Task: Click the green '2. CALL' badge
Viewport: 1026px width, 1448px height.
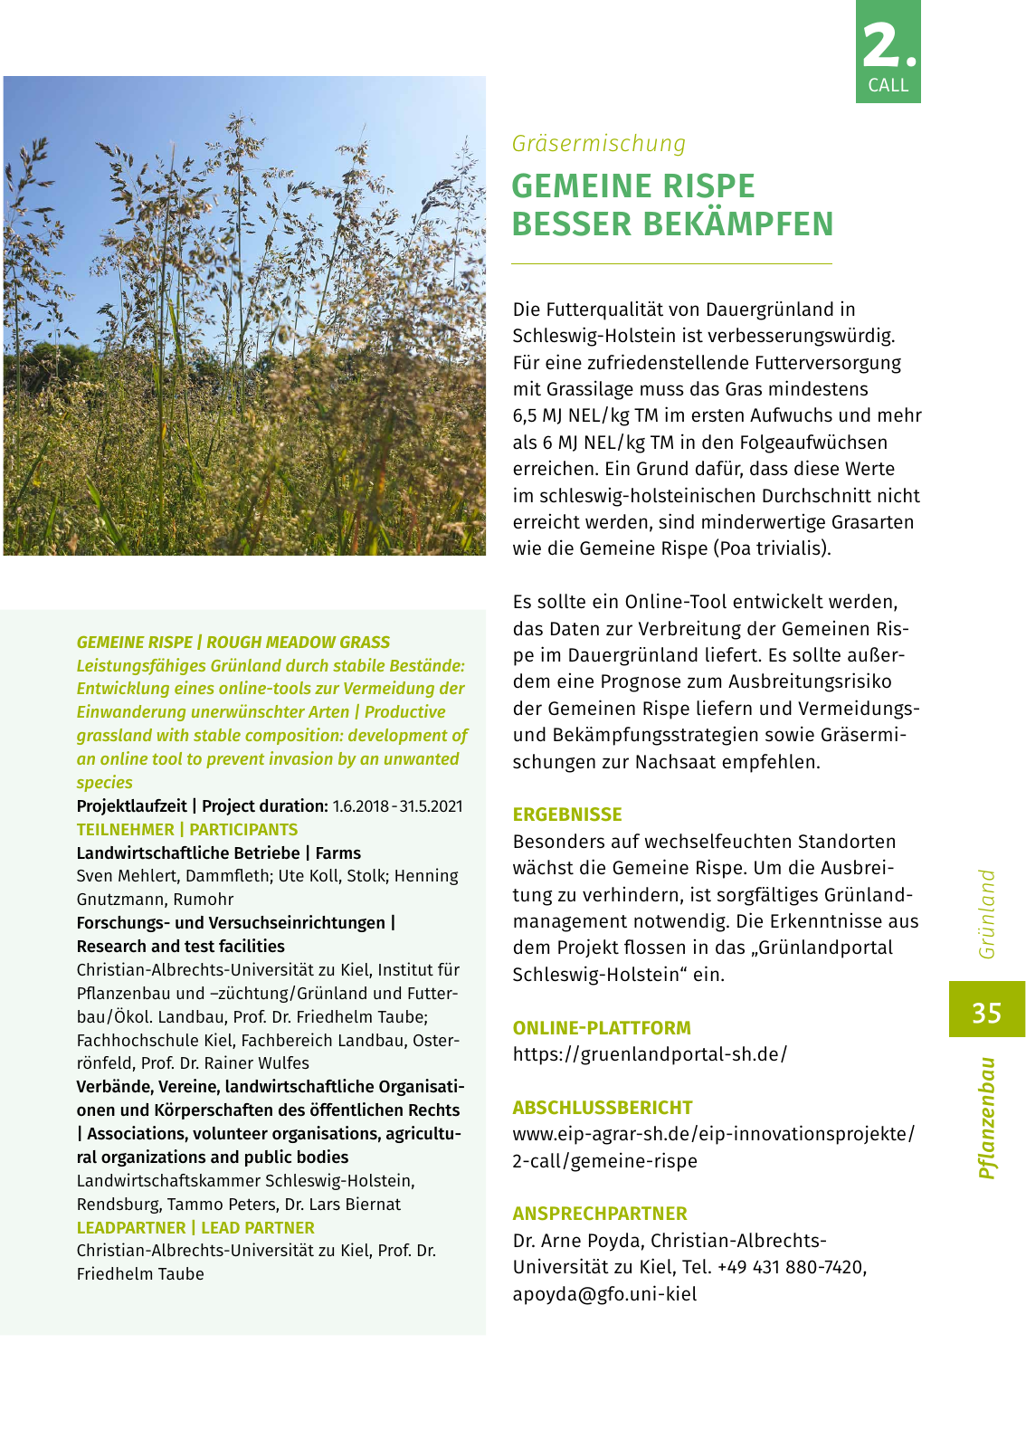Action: (x=888, y=52)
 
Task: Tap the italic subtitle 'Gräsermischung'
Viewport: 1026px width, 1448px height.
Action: (x=599, y=144)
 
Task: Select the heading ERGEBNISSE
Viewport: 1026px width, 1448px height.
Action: (x=567, y=814)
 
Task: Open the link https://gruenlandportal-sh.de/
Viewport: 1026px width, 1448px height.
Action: (x=650, y=1054)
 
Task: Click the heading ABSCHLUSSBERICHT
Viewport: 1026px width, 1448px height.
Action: (x=603, y=1108)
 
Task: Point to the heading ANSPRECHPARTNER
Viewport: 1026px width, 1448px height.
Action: (x=600, y=1214)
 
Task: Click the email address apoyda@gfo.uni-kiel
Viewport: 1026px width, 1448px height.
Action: (x=604, y=1294)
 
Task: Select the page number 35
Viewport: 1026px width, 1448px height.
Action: (x=986, y=1011)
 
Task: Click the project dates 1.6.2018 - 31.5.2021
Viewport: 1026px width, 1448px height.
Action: (x=397, y=806)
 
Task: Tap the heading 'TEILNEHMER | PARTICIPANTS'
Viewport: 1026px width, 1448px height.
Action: (x=187, y=830)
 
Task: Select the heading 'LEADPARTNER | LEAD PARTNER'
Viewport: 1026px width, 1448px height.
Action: (x=195, y=1228)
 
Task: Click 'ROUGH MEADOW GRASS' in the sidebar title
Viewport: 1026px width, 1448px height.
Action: (x=298, y=643)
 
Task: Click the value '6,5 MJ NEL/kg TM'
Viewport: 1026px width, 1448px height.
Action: (x=584, y=415)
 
